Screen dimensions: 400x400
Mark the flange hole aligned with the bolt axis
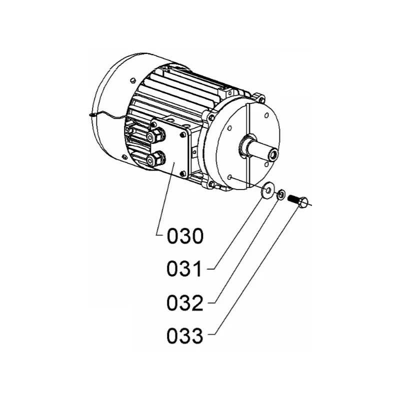(x=229, y=177)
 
